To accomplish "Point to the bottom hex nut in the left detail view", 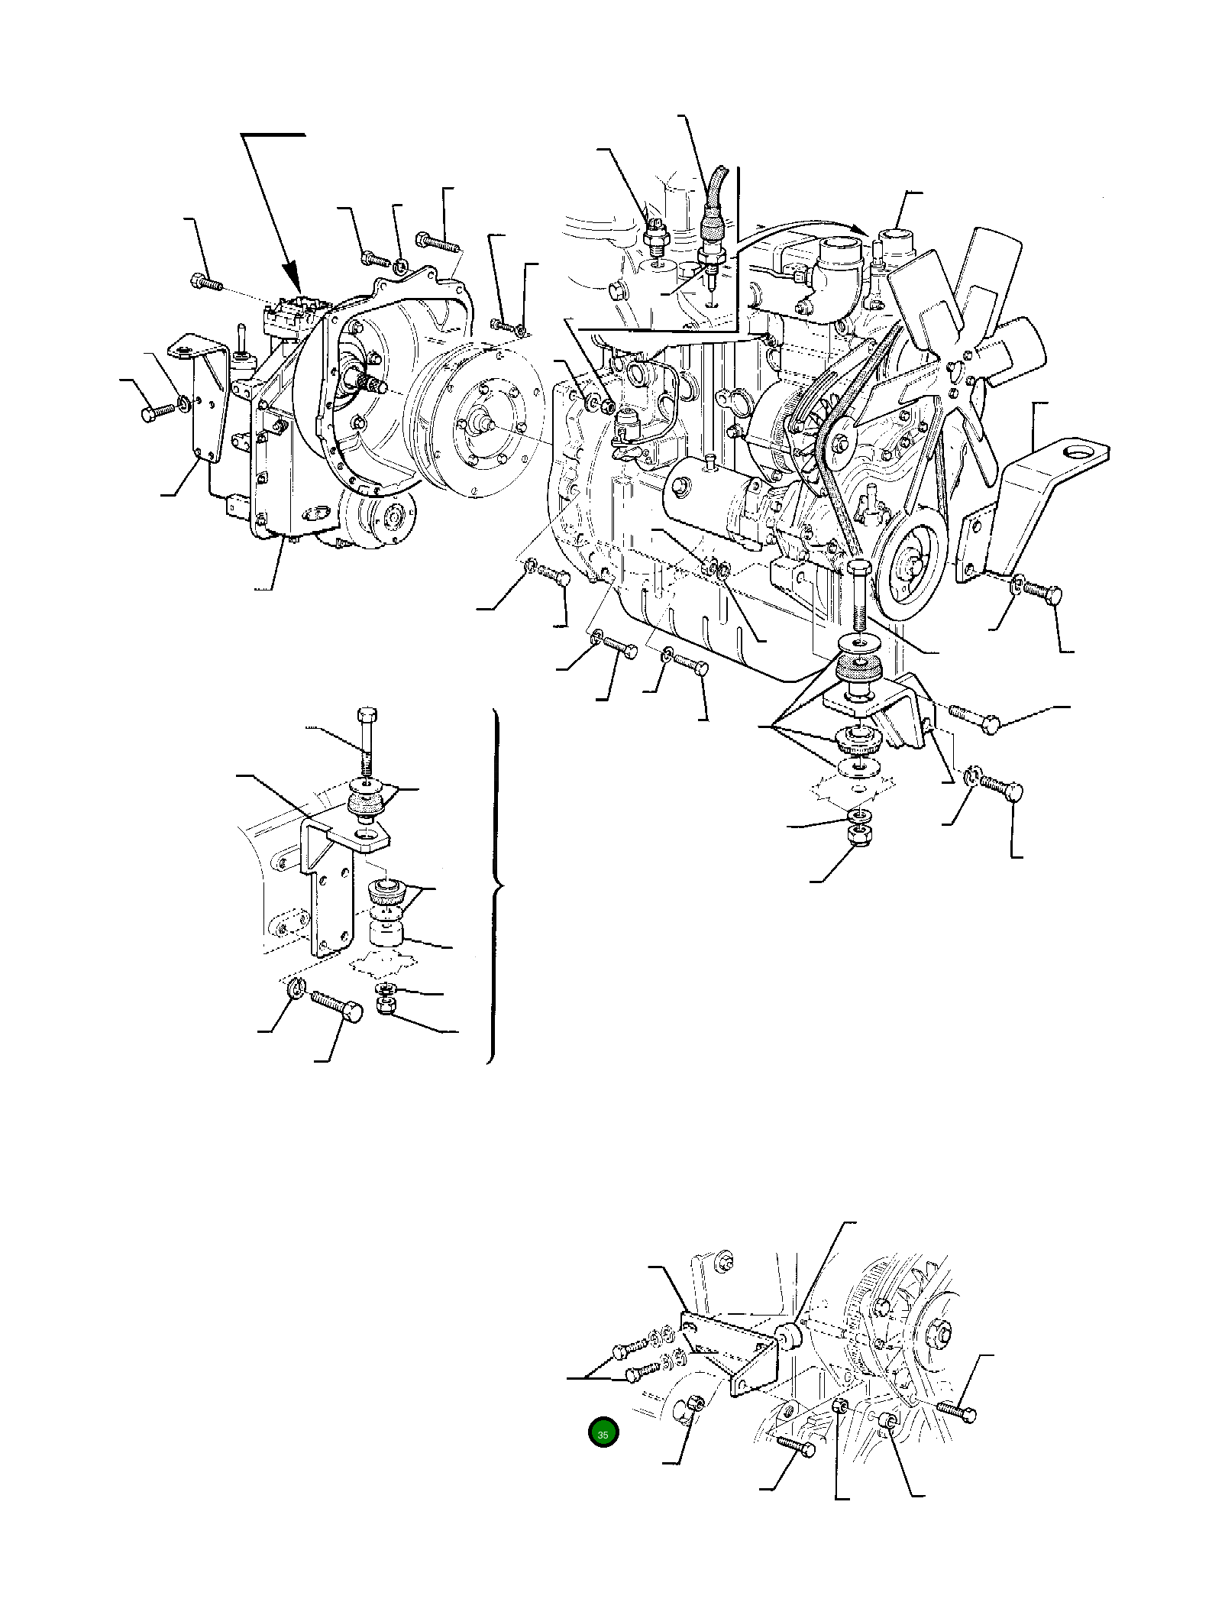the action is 386,1009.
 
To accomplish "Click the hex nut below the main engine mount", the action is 861,835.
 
